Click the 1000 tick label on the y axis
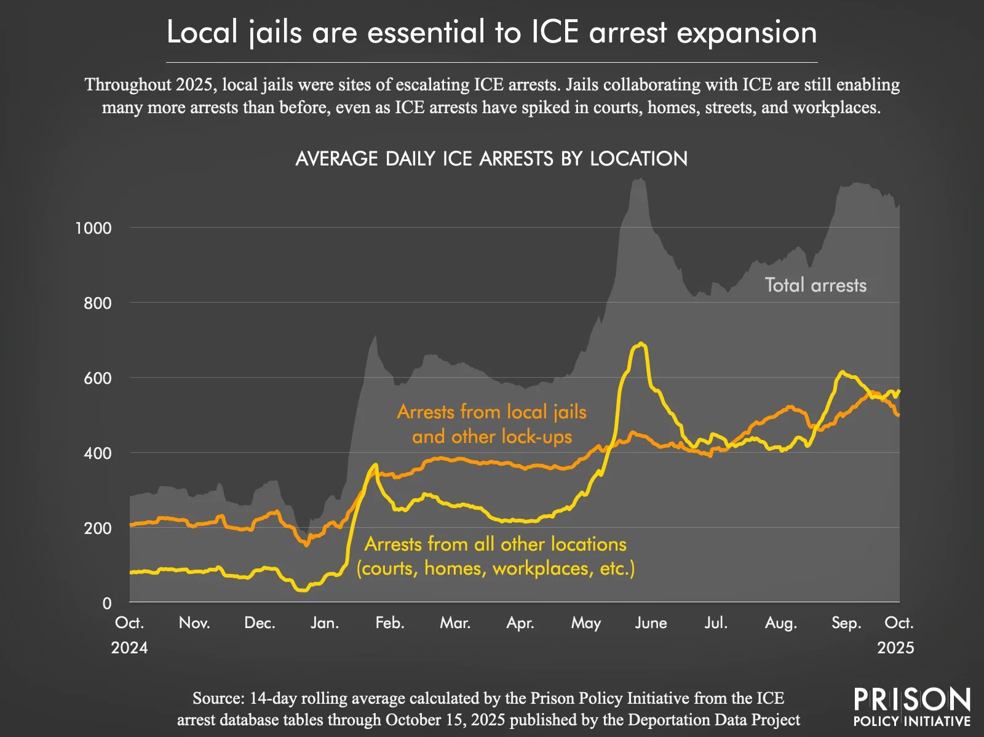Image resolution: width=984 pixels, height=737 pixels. pos(93,228)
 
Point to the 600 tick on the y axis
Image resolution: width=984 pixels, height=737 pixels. pos(98,378)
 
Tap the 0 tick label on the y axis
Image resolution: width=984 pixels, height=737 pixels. pos(107,604)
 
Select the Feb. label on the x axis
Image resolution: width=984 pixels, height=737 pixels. pos(390,623)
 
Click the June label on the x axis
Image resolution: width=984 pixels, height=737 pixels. pos(651,623)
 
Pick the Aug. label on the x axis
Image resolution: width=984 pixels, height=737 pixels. pos(780,623)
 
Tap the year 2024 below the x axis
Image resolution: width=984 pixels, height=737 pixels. pos(129,648)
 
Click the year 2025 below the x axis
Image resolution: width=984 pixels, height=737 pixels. pos(895,648)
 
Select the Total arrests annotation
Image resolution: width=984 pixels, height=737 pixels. pos(815,285)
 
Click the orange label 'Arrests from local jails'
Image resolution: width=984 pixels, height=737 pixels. pos(491,412)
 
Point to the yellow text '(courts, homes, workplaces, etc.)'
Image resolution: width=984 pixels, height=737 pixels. pos(496,568)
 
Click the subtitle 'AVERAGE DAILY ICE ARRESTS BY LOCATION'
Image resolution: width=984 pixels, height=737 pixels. pos(491,159)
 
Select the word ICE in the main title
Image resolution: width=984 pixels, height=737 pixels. pos(555,33)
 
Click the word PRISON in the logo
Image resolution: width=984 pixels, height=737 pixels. pos(912,700)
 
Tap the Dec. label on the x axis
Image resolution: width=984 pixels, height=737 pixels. pos(259,623)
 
